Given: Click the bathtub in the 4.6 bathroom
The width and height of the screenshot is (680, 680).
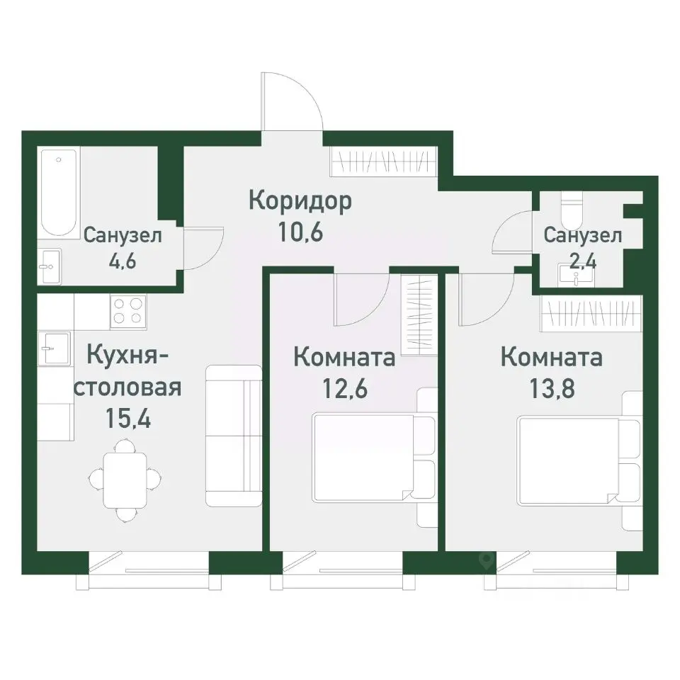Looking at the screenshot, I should click(x=58, y=193).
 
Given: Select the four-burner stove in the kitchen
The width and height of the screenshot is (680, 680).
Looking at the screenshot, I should click(x=128, y=312).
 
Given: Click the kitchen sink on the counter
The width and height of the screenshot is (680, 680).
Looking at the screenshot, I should click(x=49, y=348).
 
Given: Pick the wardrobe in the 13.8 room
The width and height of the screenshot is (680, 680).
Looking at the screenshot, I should click(x=593, y=313).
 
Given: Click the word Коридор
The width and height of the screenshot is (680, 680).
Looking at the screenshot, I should click(x=300, y=202).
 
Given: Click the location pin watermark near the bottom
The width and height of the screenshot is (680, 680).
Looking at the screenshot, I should click(x=486, y=560).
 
